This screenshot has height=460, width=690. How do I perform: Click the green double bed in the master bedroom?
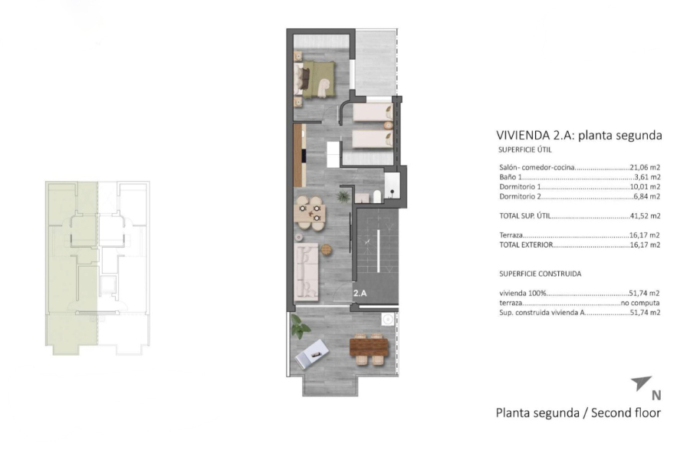317,77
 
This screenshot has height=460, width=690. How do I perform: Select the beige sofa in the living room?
308,270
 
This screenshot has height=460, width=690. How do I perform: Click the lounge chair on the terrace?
314,353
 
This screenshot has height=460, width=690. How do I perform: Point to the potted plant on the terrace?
301,327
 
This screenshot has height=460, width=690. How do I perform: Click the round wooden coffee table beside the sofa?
328,249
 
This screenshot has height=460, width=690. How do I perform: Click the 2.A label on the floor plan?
360,293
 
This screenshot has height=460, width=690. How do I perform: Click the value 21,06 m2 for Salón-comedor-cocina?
645,166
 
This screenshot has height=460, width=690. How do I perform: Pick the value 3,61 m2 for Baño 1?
647,176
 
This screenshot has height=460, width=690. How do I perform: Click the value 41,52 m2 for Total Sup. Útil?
645,216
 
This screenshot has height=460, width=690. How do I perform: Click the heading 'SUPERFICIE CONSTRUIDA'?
540,273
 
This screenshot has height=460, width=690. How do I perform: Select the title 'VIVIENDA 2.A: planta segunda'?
579,136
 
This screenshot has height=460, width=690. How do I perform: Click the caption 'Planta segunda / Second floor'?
578,412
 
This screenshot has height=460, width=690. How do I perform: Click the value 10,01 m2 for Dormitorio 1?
645,186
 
